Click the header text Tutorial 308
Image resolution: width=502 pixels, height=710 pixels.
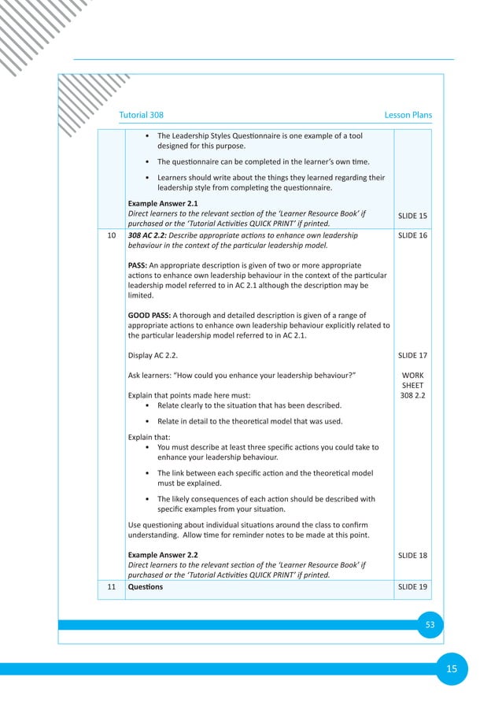(142, 115)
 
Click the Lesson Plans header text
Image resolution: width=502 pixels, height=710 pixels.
(408, 115)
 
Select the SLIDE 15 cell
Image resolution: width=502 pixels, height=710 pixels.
(412, 216)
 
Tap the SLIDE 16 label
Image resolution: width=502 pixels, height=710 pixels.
(412, 235)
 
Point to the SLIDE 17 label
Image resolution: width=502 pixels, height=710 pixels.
(412, 355)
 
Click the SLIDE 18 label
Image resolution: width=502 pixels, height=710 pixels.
(412, 555)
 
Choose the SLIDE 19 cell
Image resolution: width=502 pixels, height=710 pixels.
(412, 587)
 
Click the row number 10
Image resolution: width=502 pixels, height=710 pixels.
(111, 235)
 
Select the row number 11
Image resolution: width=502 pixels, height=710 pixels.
(111, 587)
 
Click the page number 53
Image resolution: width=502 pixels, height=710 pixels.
(430, 624)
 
